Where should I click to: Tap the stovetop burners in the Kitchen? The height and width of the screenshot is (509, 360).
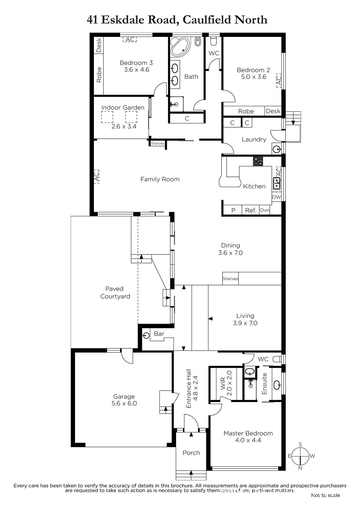(x=258, y=161)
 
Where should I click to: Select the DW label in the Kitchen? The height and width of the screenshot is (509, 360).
(x=276, y=197)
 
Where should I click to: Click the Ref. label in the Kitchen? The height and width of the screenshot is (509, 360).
(x=251, y=210)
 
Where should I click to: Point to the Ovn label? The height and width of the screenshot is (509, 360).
(x=265, y=210)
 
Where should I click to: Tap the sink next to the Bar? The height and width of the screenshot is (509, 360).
(x=146, y=335)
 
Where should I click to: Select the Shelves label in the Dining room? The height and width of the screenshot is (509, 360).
(x=230, y=279)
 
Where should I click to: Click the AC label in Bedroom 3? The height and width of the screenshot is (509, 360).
(x=130, y=39)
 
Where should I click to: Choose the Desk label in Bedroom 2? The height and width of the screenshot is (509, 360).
(x=273, y=111)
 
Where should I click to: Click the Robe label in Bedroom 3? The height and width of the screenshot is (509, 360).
(x=99, y=75)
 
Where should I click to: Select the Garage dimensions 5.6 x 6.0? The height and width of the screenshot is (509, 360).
(x=124, y=403)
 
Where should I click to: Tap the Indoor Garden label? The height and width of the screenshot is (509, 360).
(x=123, y=108)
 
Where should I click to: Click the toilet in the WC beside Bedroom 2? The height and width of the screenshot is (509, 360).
(x=214, y=41)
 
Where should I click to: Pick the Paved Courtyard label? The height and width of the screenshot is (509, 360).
(x=115, y=292)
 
